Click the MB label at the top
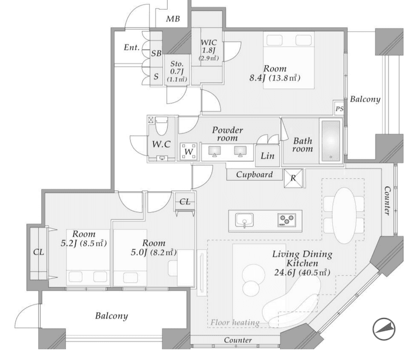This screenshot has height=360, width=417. pos(173,20)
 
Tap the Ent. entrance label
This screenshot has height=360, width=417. pos(131,48)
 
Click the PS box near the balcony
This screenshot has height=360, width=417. pos(339,109)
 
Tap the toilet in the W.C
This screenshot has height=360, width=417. pos(162,126)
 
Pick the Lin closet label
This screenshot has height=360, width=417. pos(267,156)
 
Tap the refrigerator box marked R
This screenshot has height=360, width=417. pos(293,178)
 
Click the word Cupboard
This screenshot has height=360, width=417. pos(255,175)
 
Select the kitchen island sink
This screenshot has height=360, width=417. pos(244,220)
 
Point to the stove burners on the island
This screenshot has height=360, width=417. pos(287,220)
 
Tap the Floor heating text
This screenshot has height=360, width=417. pos(235,323)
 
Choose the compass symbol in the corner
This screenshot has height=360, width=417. pos(384,330)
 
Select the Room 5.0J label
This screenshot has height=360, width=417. pos(151,247)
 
